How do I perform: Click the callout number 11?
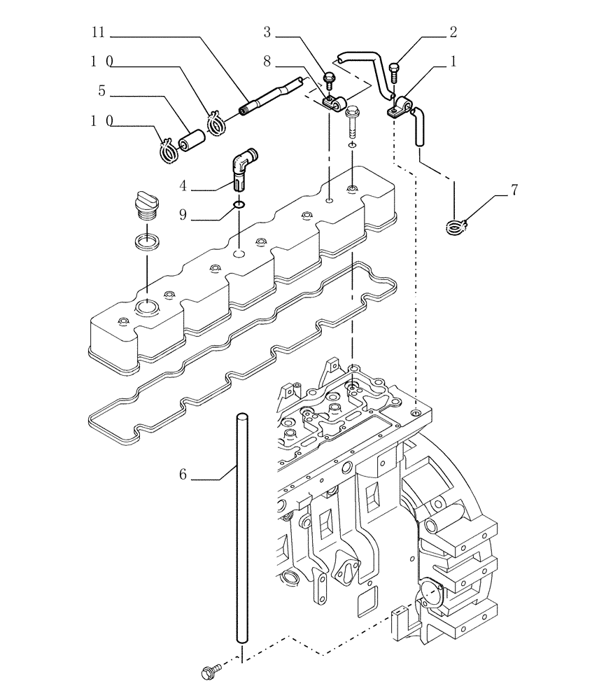[x=99, y=32]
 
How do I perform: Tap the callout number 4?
[x=183, y=187]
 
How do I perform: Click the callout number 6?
[x=183, y=475]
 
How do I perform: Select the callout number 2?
[x=453, y=32]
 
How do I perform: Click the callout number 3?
[x=268, y=32]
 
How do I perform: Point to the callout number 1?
[x=453, y=62]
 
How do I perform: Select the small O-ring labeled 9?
[x=239, y=205]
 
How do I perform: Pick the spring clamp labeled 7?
[x=456, y=225]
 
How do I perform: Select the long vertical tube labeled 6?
[x=241, y=532]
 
